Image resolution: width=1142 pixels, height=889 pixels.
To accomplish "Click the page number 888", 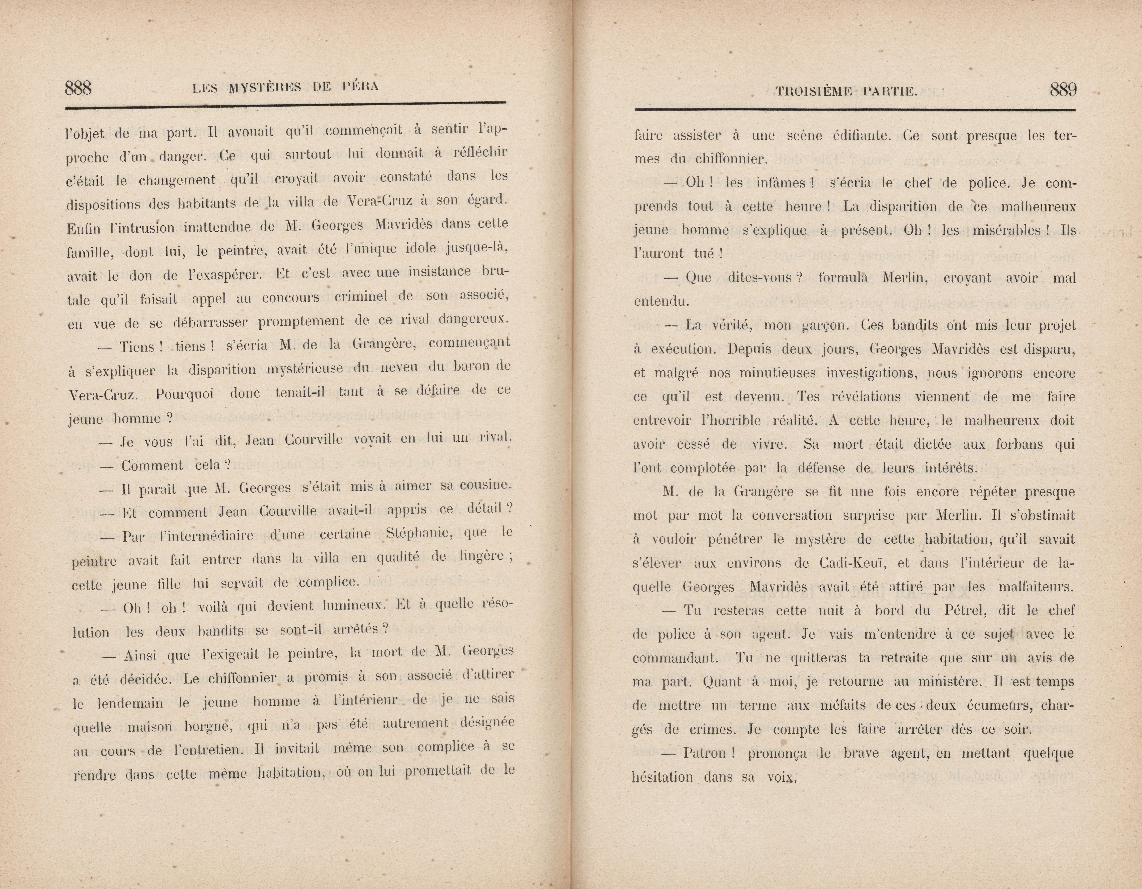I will click(x=78, y=88).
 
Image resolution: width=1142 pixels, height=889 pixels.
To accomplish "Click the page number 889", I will click(x=1063, y=90).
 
